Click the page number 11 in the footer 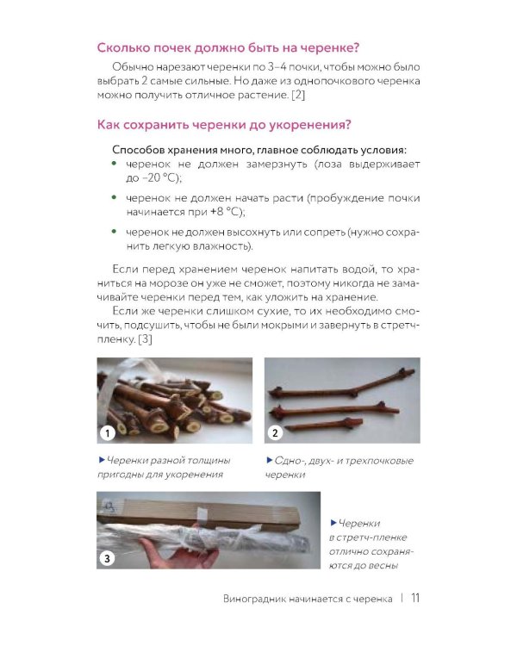(x=415, y=598)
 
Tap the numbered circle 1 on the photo (x=108, y=433)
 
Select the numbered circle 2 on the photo (x=275, y=432)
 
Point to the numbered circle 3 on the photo (x=107, y=559)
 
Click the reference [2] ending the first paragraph (x=298, y=95)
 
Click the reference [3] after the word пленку (x=145, y=339)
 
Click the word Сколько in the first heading (x=123, y=47)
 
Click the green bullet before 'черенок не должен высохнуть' (x=115, y=232)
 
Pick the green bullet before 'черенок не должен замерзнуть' (x=115, y=164)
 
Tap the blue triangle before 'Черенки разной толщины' (x=102, y=459)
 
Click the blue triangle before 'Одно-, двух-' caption (x=270, y=459)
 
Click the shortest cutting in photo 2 (x=324, y=424)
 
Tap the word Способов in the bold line (x=134, y=150)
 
